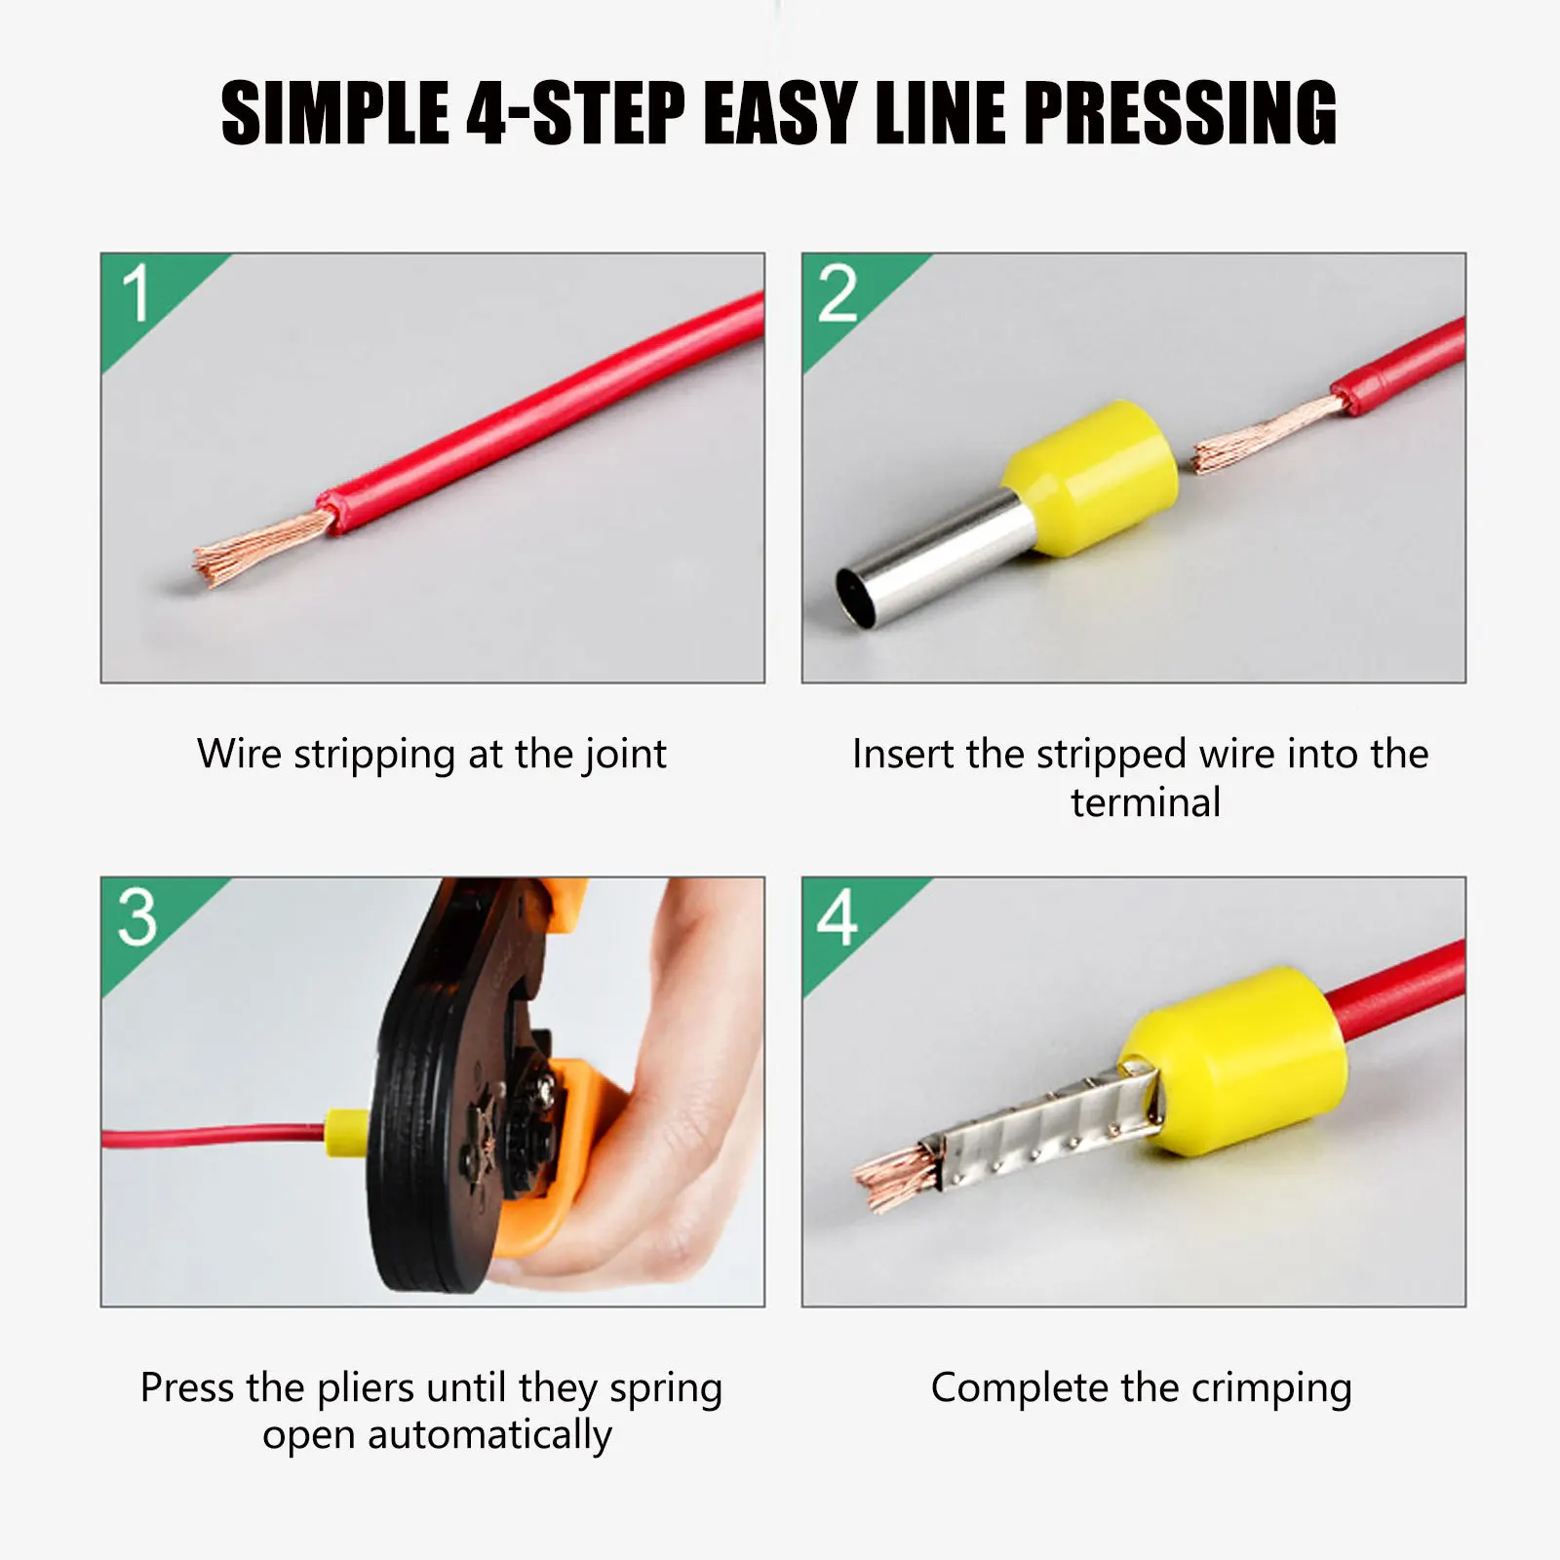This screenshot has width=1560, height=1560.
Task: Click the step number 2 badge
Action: [838, 294]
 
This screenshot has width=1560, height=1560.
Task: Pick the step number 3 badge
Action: [137, 917]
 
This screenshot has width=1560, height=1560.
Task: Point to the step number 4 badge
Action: [838, 917]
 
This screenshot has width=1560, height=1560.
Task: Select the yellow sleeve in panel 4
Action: [1238, 1063]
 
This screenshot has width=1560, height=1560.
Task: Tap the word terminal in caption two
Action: [1145, 803]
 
